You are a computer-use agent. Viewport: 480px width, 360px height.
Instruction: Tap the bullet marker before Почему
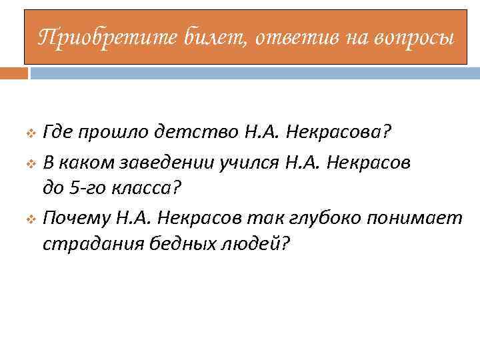point(31,218)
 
